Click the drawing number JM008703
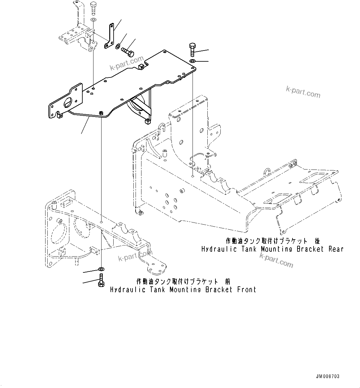tap(327, 377)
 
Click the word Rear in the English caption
tap(336, 249)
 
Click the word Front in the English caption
tap(246, 290)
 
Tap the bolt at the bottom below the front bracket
tap(101, 281)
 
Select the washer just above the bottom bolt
tap(101, 269)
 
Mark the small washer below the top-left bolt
tap(93, 20)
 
